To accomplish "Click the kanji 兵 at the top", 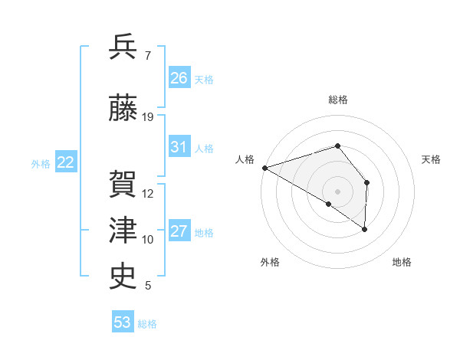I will [123, 47].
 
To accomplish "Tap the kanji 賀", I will [123, 184].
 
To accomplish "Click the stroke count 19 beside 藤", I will [148, 117].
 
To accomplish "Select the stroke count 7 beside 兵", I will [147, 56].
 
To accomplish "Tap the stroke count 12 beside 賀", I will [148, 194].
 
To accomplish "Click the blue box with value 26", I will [179, 78].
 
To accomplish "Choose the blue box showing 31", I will [179, 147].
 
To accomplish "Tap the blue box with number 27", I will [179, 232].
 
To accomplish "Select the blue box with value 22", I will [65, 162].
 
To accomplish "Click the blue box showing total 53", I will [122, 322].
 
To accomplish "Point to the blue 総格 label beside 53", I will [147, 324].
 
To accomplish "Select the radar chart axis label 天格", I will [432, 159].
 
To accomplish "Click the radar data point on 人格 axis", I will [264, 167].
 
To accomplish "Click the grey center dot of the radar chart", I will [337, 190].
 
